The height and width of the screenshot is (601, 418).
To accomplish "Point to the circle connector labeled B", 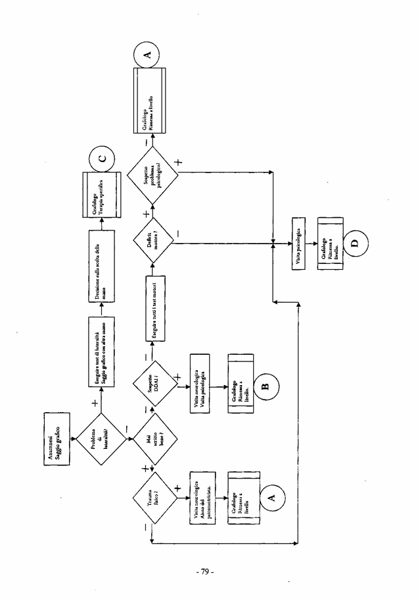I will [x=266, y=385].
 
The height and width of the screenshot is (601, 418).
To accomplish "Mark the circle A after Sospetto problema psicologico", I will [x=146, y=55].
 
